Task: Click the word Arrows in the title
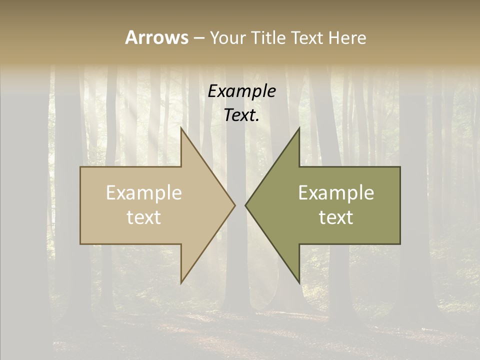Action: (x=156, y=37)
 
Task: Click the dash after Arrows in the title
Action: (x=198, y=38)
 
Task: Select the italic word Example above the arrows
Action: (x=242, y=91)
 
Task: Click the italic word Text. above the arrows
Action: (x=242, y=115)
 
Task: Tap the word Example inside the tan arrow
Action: (x=144, y=193)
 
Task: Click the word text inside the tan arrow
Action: (x=144, y=217)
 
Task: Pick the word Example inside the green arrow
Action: (x=336, y=193)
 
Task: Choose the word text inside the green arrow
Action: (x=336, y=217)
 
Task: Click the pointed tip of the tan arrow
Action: (x=234, y=205)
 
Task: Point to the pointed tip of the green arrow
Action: (x=246, y=205)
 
